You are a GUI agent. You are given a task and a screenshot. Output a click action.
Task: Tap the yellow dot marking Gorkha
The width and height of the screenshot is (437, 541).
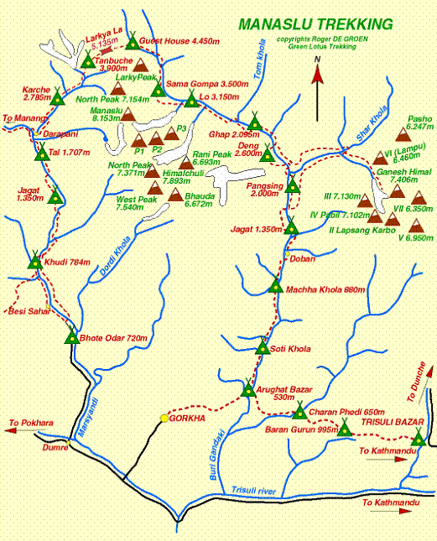164,417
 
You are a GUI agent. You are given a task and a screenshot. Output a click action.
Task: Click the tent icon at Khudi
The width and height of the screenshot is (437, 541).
34,262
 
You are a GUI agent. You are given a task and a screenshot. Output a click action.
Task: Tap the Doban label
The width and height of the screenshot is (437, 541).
302,258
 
